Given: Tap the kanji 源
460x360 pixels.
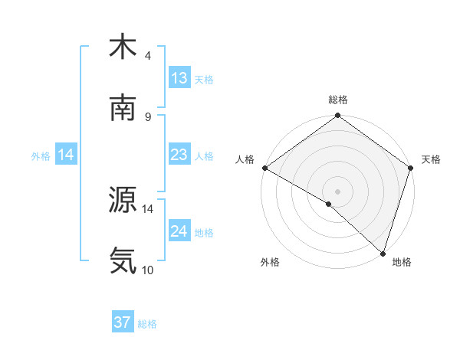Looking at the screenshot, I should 123,200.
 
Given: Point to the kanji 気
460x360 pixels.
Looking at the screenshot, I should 123,261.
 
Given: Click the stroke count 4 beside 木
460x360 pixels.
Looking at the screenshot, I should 148,56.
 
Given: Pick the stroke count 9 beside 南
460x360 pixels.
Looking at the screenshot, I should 148,117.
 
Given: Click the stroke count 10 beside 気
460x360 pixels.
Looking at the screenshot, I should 148,270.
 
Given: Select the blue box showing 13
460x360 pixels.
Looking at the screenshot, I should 179,78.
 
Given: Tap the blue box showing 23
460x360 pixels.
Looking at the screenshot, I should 179,155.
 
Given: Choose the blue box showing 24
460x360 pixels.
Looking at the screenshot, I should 179,231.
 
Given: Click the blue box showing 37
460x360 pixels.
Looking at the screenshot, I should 123,322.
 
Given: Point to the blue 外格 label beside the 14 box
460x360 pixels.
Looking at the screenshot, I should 41,155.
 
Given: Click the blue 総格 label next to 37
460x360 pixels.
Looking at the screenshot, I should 147,324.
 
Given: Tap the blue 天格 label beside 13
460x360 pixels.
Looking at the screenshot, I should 204,80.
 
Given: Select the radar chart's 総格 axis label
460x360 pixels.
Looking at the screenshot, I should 337,100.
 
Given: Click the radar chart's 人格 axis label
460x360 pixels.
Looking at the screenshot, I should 245,159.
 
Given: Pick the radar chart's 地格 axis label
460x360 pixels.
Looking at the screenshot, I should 402,262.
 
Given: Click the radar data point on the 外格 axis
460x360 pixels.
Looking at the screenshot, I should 329,204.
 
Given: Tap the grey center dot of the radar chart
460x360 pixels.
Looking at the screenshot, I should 337,191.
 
